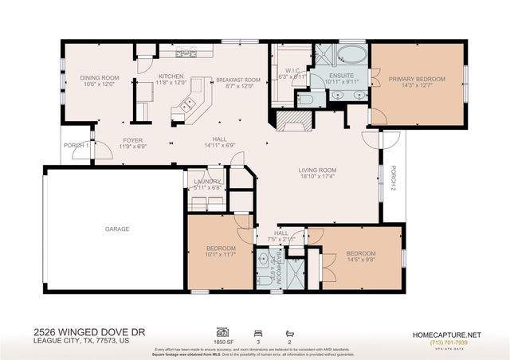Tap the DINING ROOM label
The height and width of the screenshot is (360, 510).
pyautogui.click(x=100, y=78)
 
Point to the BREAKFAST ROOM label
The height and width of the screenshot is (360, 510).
pyautogui.click(x=237, y=80)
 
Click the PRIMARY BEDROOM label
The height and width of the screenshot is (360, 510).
pyautogui.click(x=417, y=79)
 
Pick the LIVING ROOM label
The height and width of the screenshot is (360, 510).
pyautogui.click(x=318, y=170)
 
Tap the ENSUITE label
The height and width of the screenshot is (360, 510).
pyautogui.click(x=343, y=76)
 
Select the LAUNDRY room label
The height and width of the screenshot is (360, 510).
pyautogui.click(x=206, y=182)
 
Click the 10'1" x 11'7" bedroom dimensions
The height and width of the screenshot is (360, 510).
pyautogui.click(x=221, y=254)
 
